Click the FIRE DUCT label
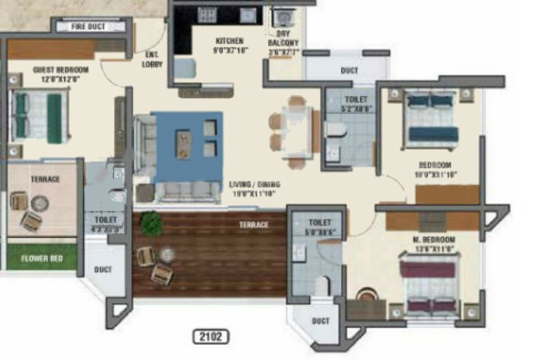88,27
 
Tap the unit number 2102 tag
210,337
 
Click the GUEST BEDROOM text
61,74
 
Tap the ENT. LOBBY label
152,60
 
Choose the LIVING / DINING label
254,188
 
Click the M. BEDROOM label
434,244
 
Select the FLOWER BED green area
42,259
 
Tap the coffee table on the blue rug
184,143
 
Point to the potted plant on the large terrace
151,224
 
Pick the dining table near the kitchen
296,131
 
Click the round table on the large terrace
167,254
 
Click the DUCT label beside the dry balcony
349,71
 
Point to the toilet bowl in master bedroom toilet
322,286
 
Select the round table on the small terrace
39,203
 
